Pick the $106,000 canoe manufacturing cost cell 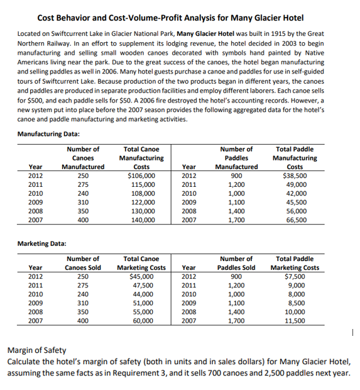coord(142,176)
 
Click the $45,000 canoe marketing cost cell coord(142,276)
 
